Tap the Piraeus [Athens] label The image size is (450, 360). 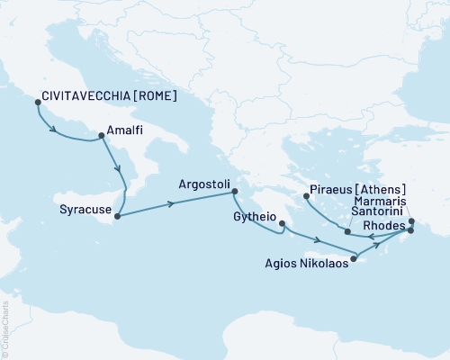(x=357, y=191)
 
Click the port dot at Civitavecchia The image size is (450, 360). (x=37, y=102)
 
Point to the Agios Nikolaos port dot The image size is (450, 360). (x=354, y=259)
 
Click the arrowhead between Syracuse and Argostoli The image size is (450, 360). (x=170, y=204)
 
